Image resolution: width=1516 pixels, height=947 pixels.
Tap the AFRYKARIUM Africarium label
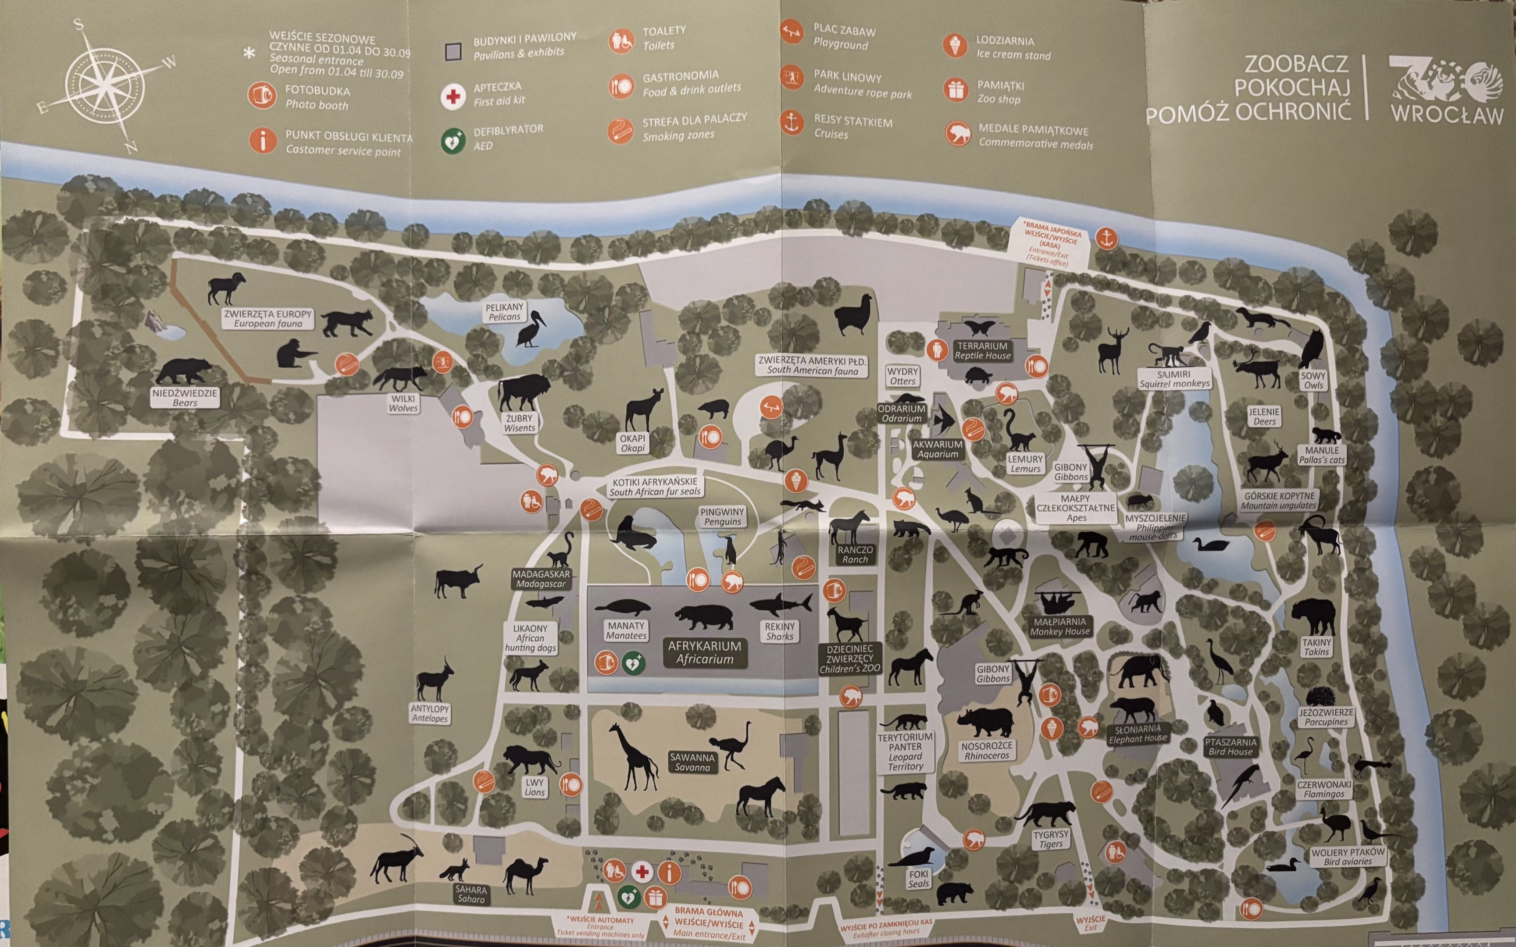(704, 652)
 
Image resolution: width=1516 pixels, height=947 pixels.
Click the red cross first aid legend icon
(453, 96)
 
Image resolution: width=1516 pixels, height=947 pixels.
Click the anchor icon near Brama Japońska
(1106, 238)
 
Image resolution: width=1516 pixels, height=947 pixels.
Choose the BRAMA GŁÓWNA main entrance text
(709, 922)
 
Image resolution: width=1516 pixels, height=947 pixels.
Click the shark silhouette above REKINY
(781, 605)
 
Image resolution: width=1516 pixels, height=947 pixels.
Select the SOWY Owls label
(1313, 380)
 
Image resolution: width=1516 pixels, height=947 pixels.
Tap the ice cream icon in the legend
(955, 46)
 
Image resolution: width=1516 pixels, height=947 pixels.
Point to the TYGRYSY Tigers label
(1051, 839)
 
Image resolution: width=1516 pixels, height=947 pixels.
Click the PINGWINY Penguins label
(722, 516)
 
